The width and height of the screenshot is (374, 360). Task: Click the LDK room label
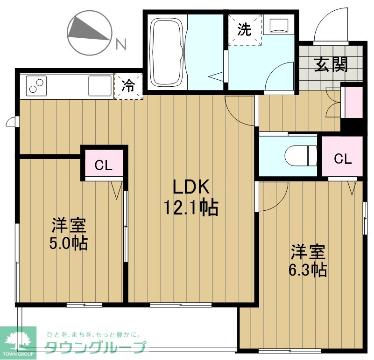tap(190, 187)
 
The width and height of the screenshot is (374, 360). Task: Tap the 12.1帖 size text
tap(191, 208)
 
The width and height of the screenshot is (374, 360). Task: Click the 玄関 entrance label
tap(331, 65)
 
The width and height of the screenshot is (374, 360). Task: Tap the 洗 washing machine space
tap(244, 30)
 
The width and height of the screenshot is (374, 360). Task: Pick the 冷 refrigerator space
tap(128, 86)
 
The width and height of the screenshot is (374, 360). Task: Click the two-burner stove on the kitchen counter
tap(36, 85)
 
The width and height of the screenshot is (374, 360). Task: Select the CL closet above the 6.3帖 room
tap(342, 159)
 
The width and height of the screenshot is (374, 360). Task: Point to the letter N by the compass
tap(121, 45)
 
